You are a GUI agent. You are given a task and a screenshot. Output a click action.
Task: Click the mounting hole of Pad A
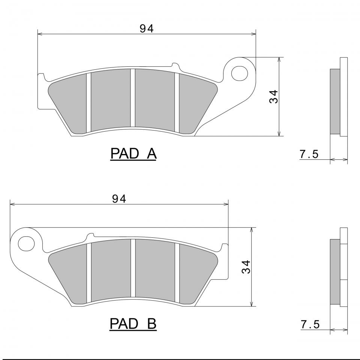tap(240, 74)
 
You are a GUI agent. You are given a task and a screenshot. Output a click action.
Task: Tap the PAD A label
tap(133, 154)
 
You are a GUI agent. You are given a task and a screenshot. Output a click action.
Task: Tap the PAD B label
tap(133, 324)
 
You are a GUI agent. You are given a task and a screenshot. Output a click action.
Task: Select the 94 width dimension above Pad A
tap(147, 29)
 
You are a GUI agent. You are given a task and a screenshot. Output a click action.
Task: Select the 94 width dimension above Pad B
tap(119, 199)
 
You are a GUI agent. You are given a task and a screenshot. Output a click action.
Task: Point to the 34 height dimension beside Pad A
tap(274, 97)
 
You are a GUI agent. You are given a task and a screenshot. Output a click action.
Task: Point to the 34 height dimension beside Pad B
tap(246, 267)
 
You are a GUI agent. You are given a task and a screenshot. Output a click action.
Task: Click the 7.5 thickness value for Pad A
tap(309, 154)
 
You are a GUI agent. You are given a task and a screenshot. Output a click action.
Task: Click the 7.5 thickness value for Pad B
tap(310, 324)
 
